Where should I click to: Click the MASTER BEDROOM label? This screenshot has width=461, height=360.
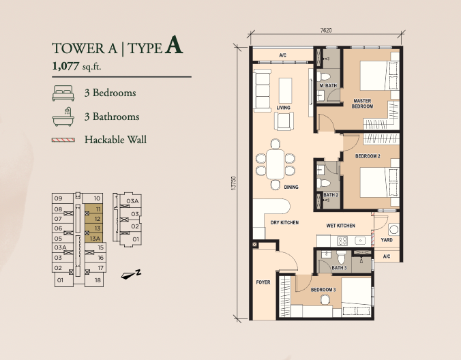point(362,104)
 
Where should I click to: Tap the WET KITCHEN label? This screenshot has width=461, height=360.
point(341,226)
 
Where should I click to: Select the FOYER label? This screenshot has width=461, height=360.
point(263,282)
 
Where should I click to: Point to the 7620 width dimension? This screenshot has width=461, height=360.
point(326,30)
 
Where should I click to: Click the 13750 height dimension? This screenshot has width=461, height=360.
point(234,183)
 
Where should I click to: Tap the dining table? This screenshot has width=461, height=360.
point(276,164)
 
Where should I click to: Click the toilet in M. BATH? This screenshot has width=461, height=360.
point(324,76)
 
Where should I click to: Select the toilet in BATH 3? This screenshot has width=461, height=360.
point(341,258)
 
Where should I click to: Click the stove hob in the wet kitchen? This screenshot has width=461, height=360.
point(342,241)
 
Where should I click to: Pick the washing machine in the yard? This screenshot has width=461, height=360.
point(393,229)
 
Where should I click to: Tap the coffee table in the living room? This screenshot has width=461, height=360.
point(285,90)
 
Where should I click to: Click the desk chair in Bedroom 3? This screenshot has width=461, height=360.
point(325,300)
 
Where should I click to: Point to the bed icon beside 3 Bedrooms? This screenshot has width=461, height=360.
point(63,93)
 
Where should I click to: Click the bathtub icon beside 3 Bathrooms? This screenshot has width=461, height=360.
point(63,117)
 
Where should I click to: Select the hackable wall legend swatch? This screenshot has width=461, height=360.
point(63,140)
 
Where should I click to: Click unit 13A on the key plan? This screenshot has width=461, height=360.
point(94,239)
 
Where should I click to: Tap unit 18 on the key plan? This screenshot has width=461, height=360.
point(95,280)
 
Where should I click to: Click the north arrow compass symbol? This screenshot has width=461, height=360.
point(131,275)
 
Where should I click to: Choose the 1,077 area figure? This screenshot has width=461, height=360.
point(65,66)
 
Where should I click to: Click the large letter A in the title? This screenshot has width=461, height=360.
point(174,45)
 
